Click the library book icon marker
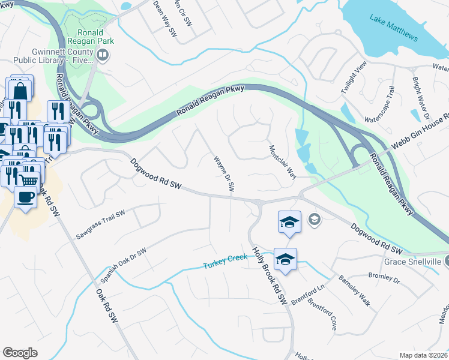(x=103, y=56)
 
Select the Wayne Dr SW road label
(x=223, y=174)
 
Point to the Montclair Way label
(x=282, y=162)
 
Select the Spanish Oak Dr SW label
(x=124, y=266)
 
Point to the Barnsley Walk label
(x=354, y=291)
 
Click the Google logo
(x=20, y=353)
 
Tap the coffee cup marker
(x=25, y=197)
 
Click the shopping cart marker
(x=29, y=179)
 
